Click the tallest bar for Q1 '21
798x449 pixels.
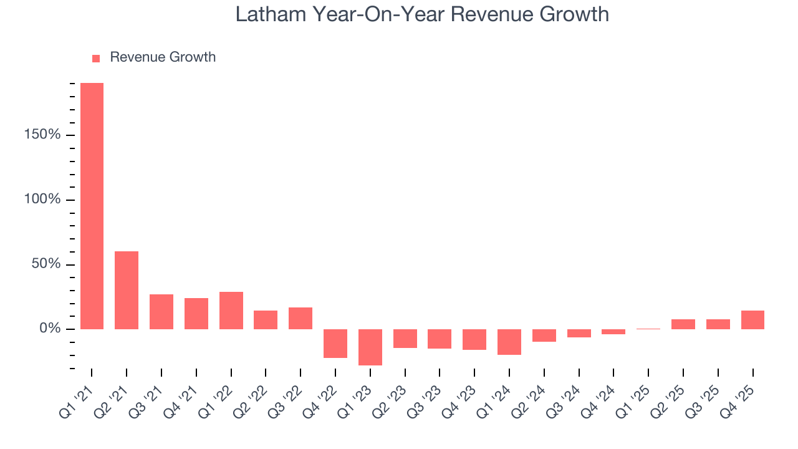coord(92,206)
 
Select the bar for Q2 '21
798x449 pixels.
coord(127,290)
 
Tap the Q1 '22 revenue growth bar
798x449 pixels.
coord(231,310)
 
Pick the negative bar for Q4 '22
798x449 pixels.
coord(335,343)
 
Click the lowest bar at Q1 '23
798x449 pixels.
coord(370,347)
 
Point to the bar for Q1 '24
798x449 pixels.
coord(509,342)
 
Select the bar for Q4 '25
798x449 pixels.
coord(752,319)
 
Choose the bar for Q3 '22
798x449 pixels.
coord(300,318)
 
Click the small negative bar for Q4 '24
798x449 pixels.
coord(613,332)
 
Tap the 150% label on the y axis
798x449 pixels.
coord(42,135)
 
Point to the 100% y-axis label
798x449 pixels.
coord(42,200)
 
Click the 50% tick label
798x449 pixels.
coord(46,264)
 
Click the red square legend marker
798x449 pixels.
coord(96,58)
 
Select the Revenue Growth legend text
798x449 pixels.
coord(163,57)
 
